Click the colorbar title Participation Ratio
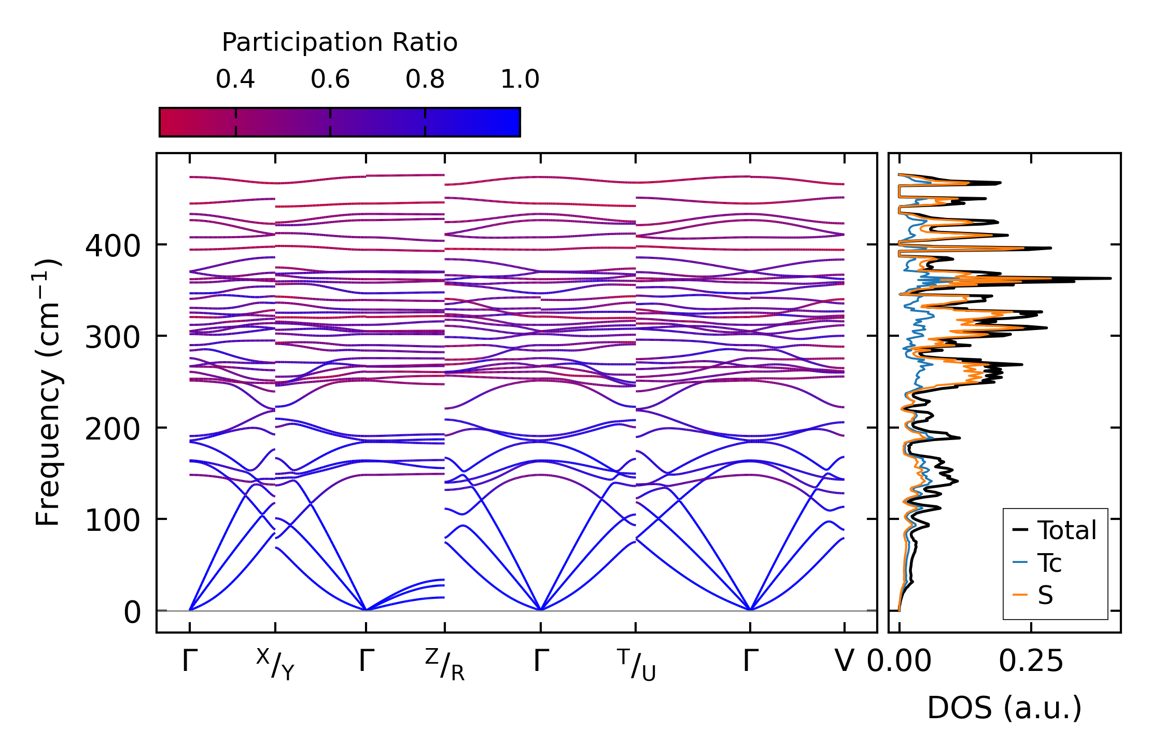pos(340,43)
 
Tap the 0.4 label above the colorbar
pos(235,79)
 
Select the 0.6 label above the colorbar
pos(330,79)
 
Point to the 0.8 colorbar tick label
pos(425,79)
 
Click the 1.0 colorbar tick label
pos(520,79)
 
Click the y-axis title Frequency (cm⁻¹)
pos(48,393)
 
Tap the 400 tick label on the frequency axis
pos(113,246)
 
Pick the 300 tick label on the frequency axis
pos(113,338)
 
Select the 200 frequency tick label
pos(113,430)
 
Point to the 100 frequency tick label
pos(113,521)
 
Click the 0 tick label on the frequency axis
pos(132,613)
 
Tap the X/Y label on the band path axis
pos(275,665)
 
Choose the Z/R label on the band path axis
pos(445,665)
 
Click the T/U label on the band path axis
pos(636,665)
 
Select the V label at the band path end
pos(845,662)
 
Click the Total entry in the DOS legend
pos(1066,530)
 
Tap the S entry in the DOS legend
pos(1045,595)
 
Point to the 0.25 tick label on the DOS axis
pos(1031,662)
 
